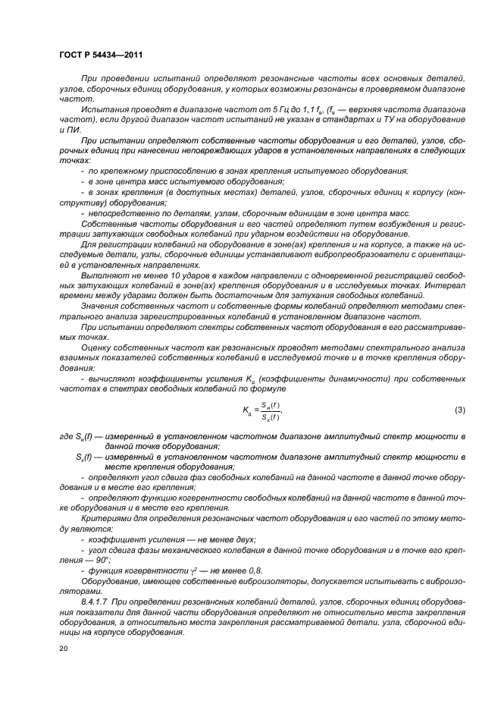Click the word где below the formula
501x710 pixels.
[67, 438]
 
